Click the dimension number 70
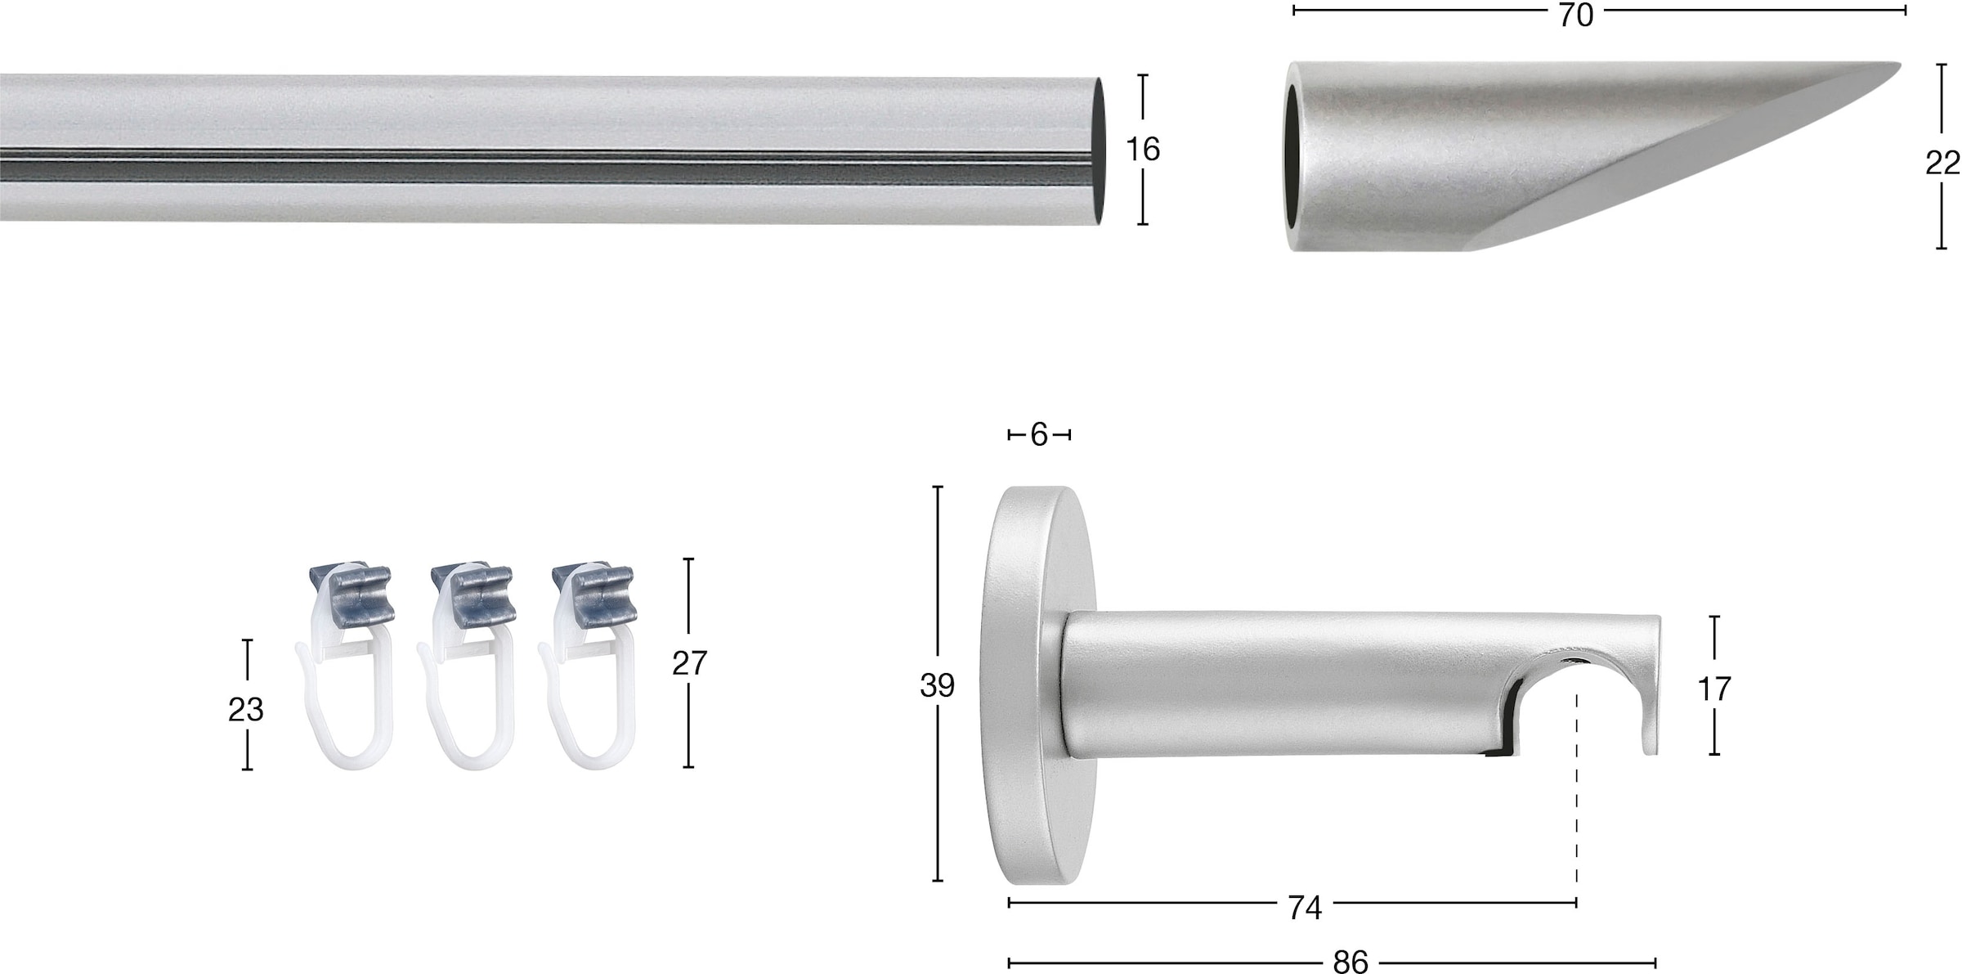[x=1575, y=16]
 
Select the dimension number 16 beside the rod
[x=1142, y=149]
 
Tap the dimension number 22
[x=1942, y=164]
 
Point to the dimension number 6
[x=1038, y=435]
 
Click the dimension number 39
[x=937, y=685]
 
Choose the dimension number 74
[x=1305, y=908]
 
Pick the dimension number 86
[x=1351, y=962]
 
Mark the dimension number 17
[x=1714, y=689]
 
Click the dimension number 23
[x=245, y=710]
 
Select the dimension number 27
[x=689, y=663]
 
